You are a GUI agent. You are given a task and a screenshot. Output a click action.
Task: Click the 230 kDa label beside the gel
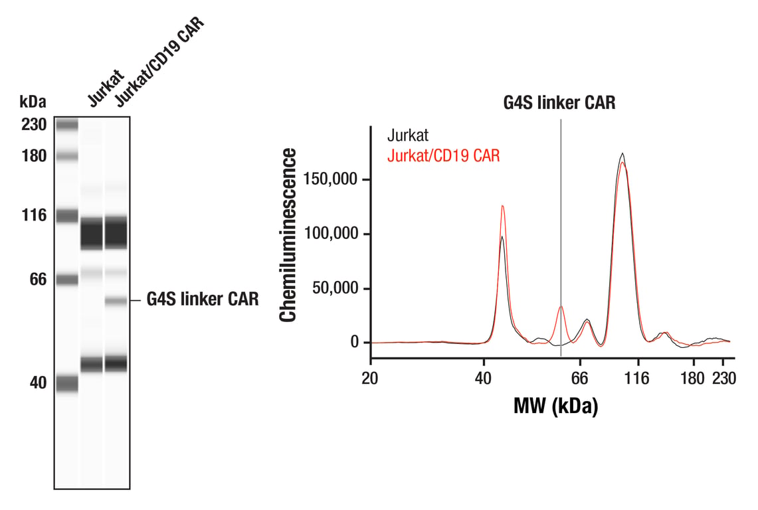pos(34,125)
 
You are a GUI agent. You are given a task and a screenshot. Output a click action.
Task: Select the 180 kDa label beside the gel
pos(34,156)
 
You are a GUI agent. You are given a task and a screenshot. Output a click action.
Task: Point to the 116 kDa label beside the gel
pos(34,215)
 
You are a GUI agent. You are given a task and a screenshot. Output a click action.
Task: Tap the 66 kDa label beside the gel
pos(38,280)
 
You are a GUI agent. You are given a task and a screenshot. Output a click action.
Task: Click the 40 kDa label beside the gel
pos(38,383)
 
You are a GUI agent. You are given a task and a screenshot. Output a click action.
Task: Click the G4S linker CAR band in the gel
pos(116,301)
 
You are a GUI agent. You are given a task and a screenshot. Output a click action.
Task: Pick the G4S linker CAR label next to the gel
pos(203,299)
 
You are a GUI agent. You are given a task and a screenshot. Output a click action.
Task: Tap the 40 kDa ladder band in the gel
pos(66,384)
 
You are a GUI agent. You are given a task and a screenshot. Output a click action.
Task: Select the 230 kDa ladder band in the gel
pos(66,126)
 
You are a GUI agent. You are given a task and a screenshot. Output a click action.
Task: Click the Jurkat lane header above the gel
pos(106,88)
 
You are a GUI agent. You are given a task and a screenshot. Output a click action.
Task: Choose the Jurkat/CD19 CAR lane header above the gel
pos(160,61)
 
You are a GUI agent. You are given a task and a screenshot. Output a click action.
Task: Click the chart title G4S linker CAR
pos(559,102)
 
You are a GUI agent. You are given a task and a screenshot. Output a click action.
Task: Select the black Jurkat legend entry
pos(407,135)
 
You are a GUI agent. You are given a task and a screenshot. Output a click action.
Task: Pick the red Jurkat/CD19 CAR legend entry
pos(443,155)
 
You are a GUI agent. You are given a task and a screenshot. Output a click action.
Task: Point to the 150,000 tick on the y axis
pos(366,179)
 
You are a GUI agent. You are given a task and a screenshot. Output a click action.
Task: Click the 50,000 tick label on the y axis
pos(335,288)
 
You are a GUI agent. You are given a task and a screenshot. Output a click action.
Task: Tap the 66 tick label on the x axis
pos(579,378)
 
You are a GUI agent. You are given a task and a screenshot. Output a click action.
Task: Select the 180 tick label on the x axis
pos(693,378)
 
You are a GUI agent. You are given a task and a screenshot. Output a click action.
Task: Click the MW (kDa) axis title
pos(555,406)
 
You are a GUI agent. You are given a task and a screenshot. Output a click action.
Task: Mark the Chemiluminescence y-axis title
pos(288,235)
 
